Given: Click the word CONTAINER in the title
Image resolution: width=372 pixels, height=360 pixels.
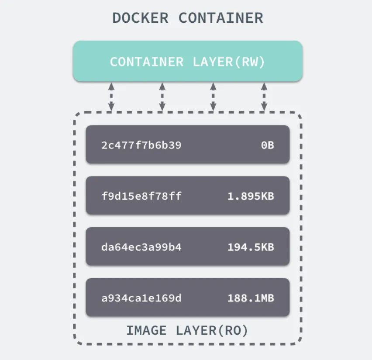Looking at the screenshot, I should (x=221, y=18).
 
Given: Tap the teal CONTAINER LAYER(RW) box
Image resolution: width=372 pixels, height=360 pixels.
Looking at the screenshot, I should (x=187, y=61).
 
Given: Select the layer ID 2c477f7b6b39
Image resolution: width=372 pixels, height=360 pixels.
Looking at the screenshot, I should (x=141, y=145).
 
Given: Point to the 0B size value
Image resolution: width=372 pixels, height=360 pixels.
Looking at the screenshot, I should (x=267, y=145).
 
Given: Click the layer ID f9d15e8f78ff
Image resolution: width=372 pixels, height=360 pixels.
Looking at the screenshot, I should (x=141, y=196).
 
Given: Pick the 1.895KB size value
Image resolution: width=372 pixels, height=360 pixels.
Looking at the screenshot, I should (x=251, y=196).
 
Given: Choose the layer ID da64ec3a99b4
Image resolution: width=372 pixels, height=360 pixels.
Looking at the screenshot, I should (x=141, y=247).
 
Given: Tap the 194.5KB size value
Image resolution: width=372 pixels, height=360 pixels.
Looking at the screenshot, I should (x=251, y=247).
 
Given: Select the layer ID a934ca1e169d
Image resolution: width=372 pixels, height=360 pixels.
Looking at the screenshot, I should (x=141, y=298).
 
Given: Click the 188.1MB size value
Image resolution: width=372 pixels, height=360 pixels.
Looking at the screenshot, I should (x=251, y=298).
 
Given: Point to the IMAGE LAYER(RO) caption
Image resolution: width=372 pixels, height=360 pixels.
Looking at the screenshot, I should (x=187, y=331).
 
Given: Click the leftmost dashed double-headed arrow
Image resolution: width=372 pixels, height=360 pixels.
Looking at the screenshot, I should (x=111, y=96).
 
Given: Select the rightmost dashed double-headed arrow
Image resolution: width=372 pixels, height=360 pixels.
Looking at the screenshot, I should (x=264, y=96).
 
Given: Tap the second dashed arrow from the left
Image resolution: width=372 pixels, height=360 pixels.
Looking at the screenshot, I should (x=162, y=96).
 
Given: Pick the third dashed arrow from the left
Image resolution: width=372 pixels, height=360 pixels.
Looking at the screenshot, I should (x=213, y=96).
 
